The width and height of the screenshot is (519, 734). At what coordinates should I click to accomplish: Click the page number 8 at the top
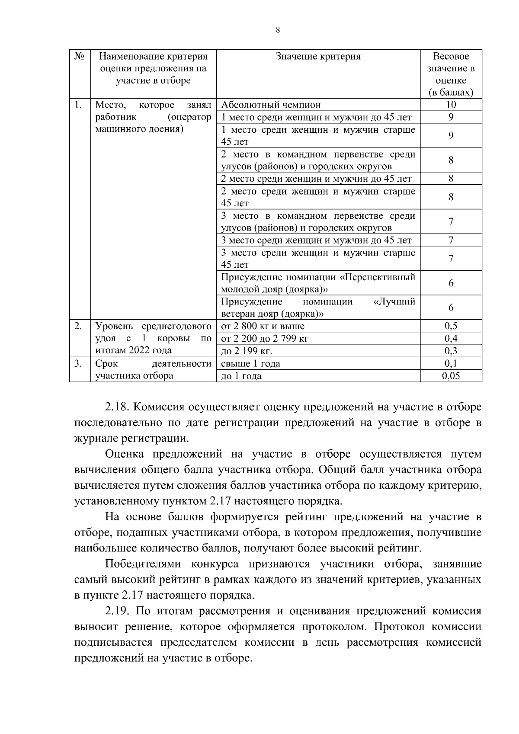(x=277, y=30)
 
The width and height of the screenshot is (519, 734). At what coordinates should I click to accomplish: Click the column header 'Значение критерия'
(x=318, y=57)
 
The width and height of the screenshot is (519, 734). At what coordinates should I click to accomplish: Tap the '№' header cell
(x=80, y=57)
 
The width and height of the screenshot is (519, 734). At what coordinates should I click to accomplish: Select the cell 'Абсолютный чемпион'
(x=271, y=105)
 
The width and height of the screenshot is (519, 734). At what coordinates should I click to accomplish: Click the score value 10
(x=451, y=105)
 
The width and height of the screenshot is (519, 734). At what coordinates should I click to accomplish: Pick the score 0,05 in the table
(x=451, y=376)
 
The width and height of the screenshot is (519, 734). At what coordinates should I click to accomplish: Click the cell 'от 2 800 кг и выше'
(x=263, y=326)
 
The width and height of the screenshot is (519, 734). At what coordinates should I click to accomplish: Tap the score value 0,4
(x=451, y=338)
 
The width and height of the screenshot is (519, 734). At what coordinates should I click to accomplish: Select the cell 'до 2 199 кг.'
(x=247, y=351)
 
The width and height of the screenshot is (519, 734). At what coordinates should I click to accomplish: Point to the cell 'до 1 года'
(x=241, y=376)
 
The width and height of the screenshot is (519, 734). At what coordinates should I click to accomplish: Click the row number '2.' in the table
(x=78, y=326)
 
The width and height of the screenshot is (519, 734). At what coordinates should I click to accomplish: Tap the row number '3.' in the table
(x=78, y=363)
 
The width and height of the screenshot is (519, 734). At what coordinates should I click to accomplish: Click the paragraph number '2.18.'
(x=118, y=407)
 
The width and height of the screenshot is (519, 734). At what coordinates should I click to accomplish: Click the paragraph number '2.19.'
(x=118, y=611)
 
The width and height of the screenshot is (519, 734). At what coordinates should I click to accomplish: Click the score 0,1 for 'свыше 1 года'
(x=451, y=363)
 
